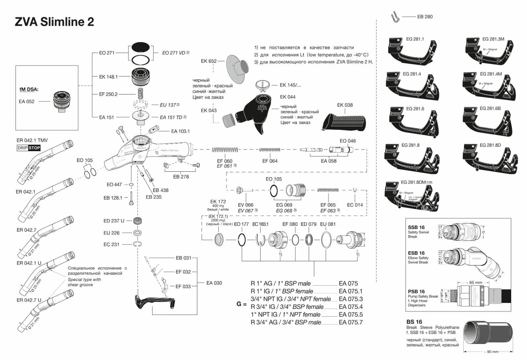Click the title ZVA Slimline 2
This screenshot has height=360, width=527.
pos(54,22)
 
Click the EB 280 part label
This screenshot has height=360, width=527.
pos(425,17)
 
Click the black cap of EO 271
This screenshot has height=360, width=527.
pos(141,47)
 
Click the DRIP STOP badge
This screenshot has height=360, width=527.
pos(29,148)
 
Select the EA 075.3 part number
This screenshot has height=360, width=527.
pos(350,299)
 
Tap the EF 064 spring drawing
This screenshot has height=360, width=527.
pos(269,150)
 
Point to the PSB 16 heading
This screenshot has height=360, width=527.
pos(416,291)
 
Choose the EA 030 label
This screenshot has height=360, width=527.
pos(214,283)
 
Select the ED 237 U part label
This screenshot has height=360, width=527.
pos(114,221)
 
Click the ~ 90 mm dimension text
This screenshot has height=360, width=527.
pos(491,352)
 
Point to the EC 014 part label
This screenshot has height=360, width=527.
pos(355,205)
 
